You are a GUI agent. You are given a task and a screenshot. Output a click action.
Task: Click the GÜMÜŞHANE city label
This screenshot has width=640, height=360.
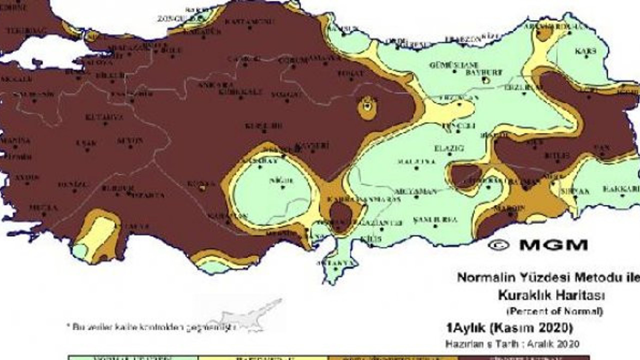click(x=454, y=65)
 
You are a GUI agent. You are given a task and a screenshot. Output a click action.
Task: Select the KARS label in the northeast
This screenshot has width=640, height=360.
click(x=585, y=51)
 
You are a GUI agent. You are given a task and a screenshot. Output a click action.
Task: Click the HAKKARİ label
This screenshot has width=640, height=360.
click(x=620, y=189)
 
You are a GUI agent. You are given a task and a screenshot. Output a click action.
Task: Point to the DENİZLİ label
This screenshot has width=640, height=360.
click(x=72, y=184)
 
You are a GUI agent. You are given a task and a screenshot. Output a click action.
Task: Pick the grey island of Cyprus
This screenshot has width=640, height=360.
click(x=245, y=315)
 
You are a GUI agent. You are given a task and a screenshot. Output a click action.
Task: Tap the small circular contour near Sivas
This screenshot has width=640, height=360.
click(x=367, y=107)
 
